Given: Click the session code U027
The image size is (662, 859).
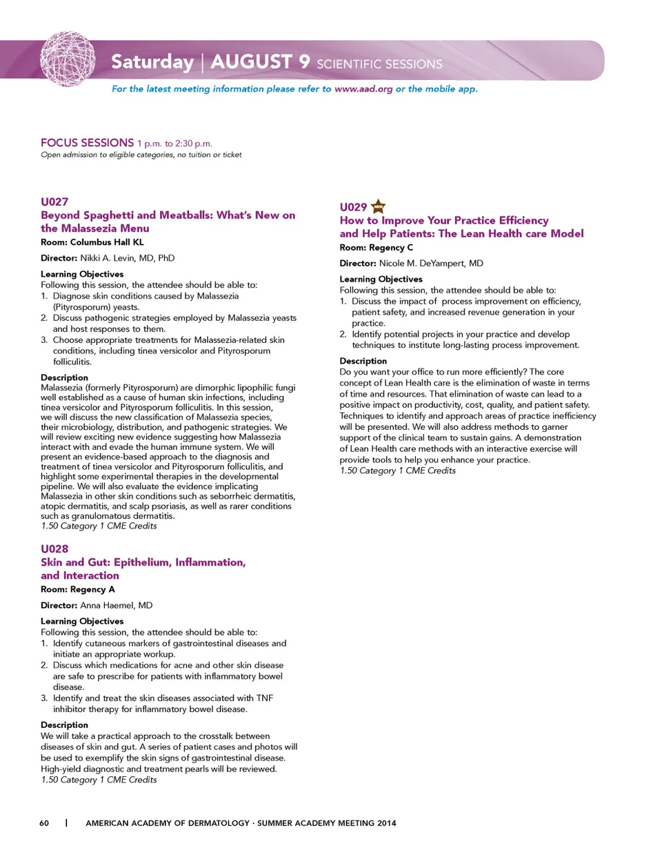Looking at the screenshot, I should click(x=54, y=201).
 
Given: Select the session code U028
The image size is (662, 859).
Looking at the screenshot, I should click(x=54, y=549).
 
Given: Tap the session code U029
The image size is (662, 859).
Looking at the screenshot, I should click(x=353, y=207).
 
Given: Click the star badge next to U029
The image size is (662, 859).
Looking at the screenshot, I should click(x=379, y=206).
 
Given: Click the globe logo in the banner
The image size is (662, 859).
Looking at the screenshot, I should click(x=67, y=59).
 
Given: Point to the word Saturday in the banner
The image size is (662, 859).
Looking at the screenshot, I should click(x=152, y=62).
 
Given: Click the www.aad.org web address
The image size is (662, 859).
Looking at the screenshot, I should click(x=363, y=89).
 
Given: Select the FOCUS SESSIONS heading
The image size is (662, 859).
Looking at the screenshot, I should click(x=87, y=143).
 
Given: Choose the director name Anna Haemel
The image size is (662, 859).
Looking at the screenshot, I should click(x=116, y=605).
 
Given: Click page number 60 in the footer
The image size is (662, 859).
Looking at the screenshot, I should click(x=44, y=823).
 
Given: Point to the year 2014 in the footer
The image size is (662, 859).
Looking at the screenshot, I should click(x=386, y=823).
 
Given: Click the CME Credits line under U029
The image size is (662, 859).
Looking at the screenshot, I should click(x=397, y=471).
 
